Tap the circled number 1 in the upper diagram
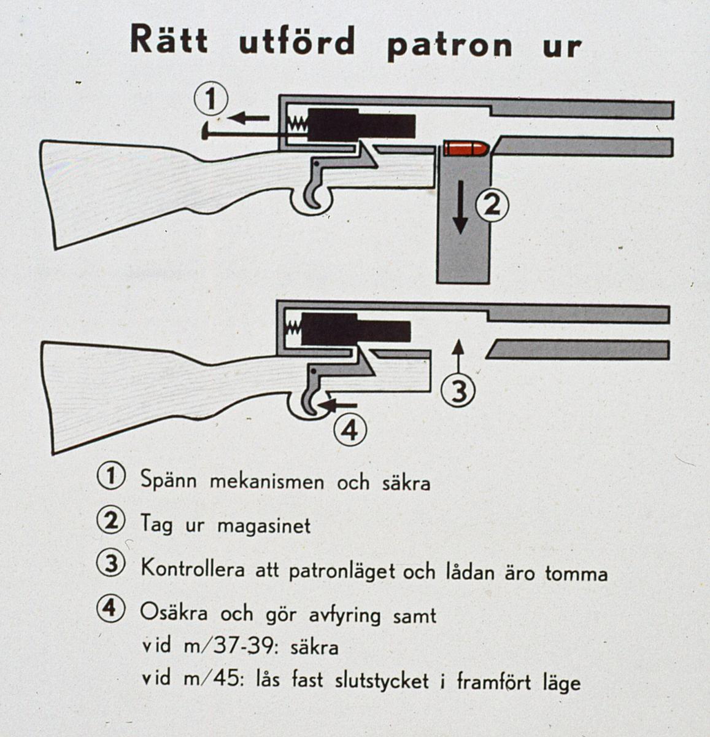[211, 99]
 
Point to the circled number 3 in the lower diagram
[458, 391]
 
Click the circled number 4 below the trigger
[350, 430]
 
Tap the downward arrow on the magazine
[460, 207]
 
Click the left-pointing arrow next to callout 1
[249, 118]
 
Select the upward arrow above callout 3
[458, 357]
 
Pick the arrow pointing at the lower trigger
[337, 405]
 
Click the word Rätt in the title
[169, 39]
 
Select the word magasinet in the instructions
[264, 526]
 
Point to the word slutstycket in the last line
[382, 680]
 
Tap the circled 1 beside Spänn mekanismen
[110, 477]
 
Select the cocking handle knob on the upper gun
[205, 131]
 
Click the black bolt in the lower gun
[356, 328]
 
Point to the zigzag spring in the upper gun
[298, 124]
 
